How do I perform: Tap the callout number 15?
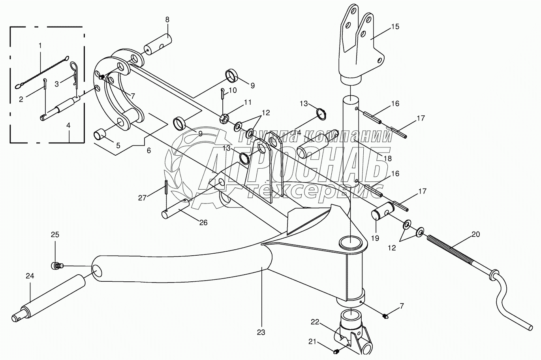[x=395, y=26]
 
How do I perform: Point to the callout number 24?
[x=30, y=276]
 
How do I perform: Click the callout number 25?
[x=55, y=235]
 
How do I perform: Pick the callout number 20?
[x=475, y=234]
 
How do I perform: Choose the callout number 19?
[x=375, y=238]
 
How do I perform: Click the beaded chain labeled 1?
[x=41, y=73]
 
